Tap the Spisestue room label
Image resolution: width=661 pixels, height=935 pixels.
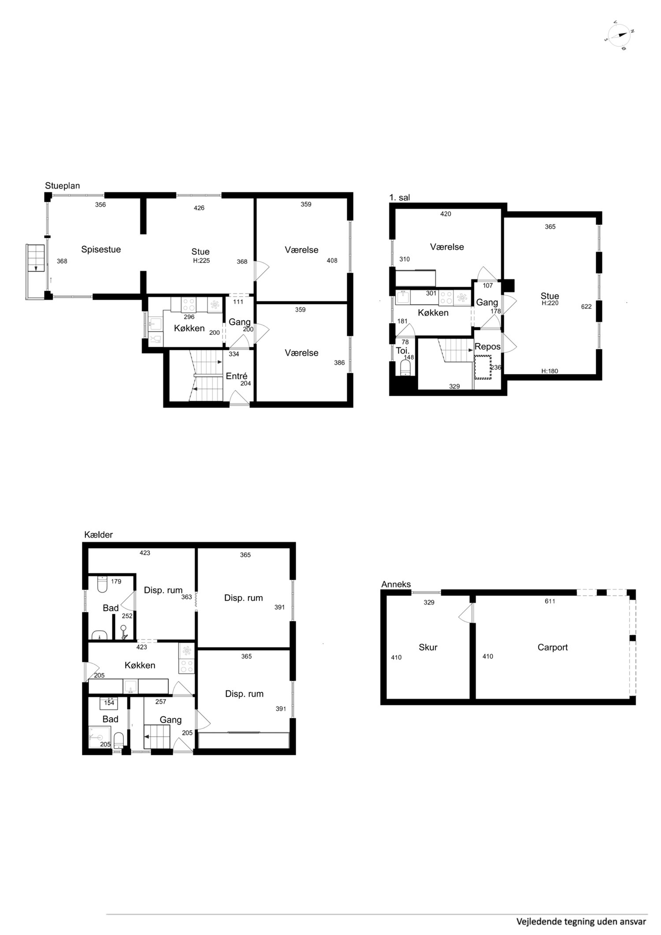(101, 249)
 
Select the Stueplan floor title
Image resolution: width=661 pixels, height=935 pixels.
(63, 186)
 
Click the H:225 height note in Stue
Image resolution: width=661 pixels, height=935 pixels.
(201, 260)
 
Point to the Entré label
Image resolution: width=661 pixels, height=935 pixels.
(236, 376)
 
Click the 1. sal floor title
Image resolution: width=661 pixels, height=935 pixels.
(399, 197)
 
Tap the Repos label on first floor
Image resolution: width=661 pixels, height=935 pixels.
(487, 347)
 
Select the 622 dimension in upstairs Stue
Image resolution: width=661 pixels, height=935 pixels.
(586, 307)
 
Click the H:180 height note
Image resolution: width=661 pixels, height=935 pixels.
(550, 371)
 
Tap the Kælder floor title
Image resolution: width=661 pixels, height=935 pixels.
(98, 535)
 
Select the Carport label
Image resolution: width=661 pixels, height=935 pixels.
(553, 647)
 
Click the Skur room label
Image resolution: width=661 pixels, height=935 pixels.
(428, 647)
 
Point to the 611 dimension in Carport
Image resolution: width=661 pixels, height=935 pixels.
(550, 601)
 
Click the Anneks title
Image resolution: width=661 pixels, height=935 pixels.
(396, 584)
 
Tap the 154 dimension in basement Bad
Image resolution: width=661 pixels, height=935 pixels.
(109, 703)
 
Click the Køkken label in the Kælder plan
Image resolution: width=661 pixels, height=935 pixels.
(140, 665)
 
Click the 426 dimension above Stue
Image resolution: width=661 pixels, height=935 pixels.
(199, 208)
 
